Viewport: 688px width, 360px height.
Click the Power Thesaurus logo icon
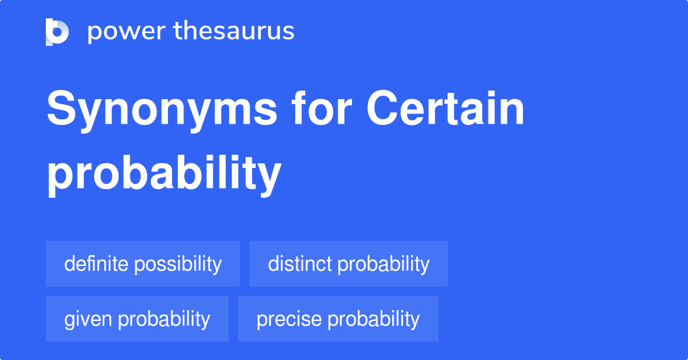(57, 32)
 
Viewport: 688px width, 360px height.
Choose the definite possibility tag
(143, 264)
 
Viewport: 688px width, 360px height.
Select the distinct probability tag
(349, 264)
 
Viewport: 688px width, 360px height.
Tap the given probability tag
(137, 319)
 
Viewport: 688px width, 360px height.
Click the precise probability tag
(338, 319)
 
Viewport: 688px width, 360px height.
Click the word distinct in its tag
(299, 264)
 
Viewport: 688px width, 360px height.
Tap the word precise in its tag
(288, 319)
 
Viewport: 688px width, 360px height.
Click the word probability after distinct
(383, 264)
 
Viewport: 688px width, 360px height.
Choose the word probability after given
(163, 319)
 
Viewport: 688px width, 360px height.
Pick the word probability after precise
(373, 319)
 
